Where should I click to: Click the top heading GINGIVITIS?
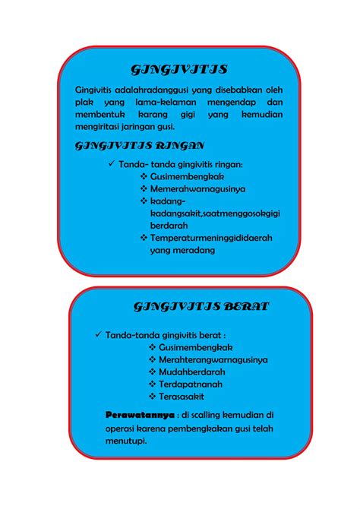pos(179,71)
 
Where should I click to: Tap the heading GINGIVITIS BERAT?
pos(201,307)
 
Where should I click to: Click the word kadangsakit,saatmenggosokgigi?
pos(215,213)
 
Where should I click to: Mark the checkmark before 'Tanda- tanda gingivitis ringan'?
pos(112,164)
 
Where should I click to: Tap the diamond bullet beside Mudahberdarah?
pos(153,371)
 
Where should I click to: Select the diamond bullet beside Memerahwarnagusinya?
pos(144,188)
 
